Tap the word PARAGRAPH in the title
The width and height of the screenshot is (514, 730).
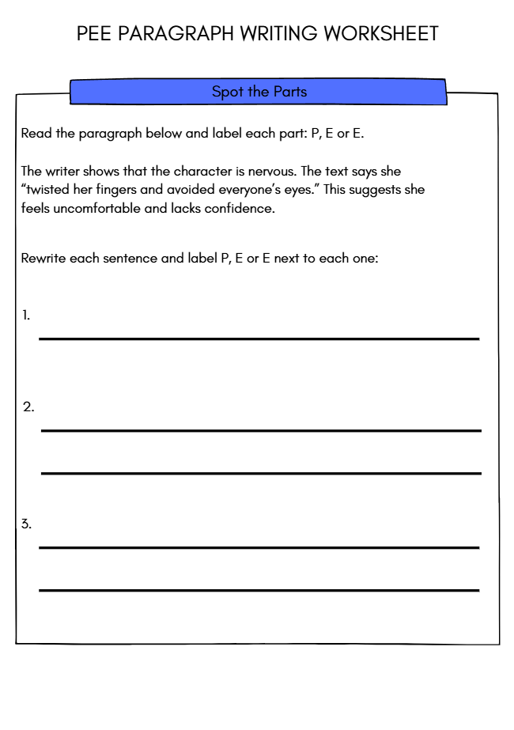[176, 34]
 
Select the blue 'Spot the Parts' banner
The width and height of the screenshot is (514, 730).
[259, 92]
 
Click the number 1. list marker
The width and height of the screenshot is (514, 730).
[26, 315]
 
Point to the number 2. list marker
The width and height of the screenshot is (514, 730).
[28, 407]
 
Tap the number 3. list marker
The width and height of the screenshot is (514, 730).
[27, 524]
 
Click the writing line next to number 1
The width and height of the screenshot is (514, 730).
[259, 339]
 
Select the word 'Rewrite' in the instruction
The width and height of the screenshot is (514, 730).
[43, 259]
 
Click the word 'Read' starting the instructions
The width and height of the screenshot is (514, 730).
[36, 134]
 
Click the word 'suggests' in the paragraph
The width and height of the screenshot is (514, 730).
[376, 190]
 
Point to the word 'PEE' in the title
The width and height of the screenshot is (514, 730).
[94, 34]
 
